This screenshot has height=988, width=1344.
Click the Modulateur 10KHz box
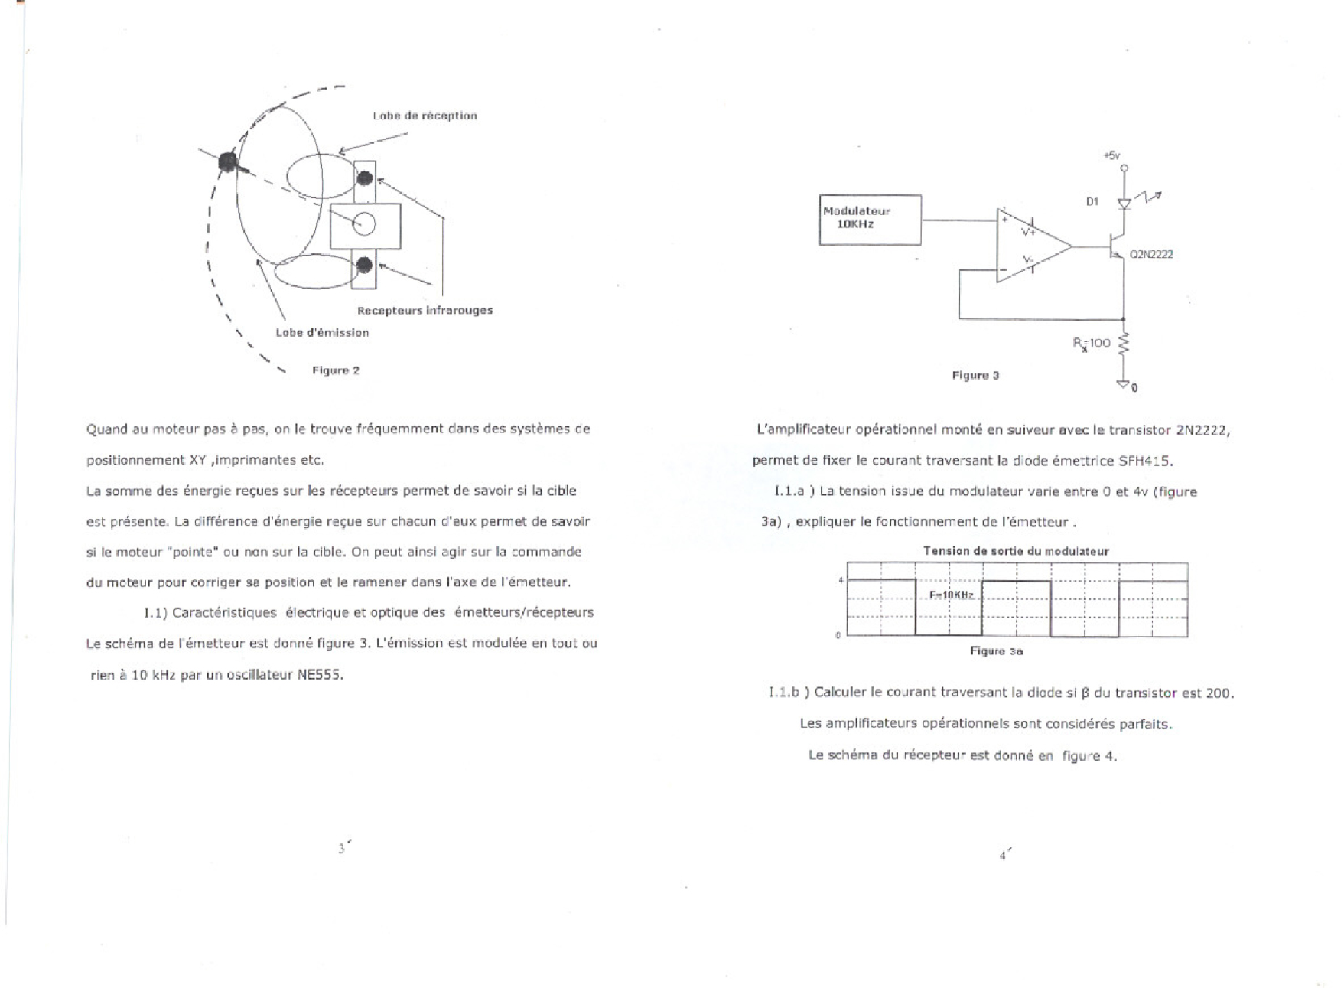tap(870, 220)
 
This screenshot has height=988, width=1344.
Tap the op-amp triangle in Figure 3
tap(1028, 246)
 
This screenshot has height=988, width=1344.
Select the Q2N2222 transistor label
tap(1151, 255)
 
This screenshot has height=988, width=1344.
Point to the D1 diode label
tap(1092, 201)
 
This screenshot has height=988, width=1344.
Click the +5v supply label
tap(1112, 155)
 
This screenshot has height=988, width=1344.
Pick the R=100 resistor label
tap(1092, 343)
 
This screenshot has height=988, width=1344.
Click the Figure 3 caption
tap(975, 375)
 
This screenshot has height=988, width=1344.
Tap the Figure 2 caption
tap(335, 370)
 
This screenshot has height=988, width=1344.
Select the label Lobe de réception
tap(425, 116)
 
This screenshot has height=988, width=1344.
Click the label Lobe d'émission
tap(322, 332)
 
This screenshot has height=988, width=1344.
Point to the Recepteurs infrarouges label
tap(425, 310)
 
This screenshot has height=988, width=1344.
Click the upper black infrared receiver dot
tap(365, 178)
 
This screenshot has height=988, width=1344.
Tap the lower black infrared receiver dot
tap(364, 265)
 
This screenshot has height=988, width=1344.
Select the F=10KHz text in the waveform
tap(951, 595)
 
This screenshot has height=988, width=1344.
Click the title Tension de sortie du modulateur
tap(1016, 551)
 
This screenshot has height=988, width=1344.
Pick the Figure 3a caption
tap(996, 651)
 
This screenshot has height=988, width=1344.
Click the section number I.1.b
tap(783, 693)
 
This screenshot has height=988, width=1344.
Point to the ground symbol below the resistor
tap(1123, 383)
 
